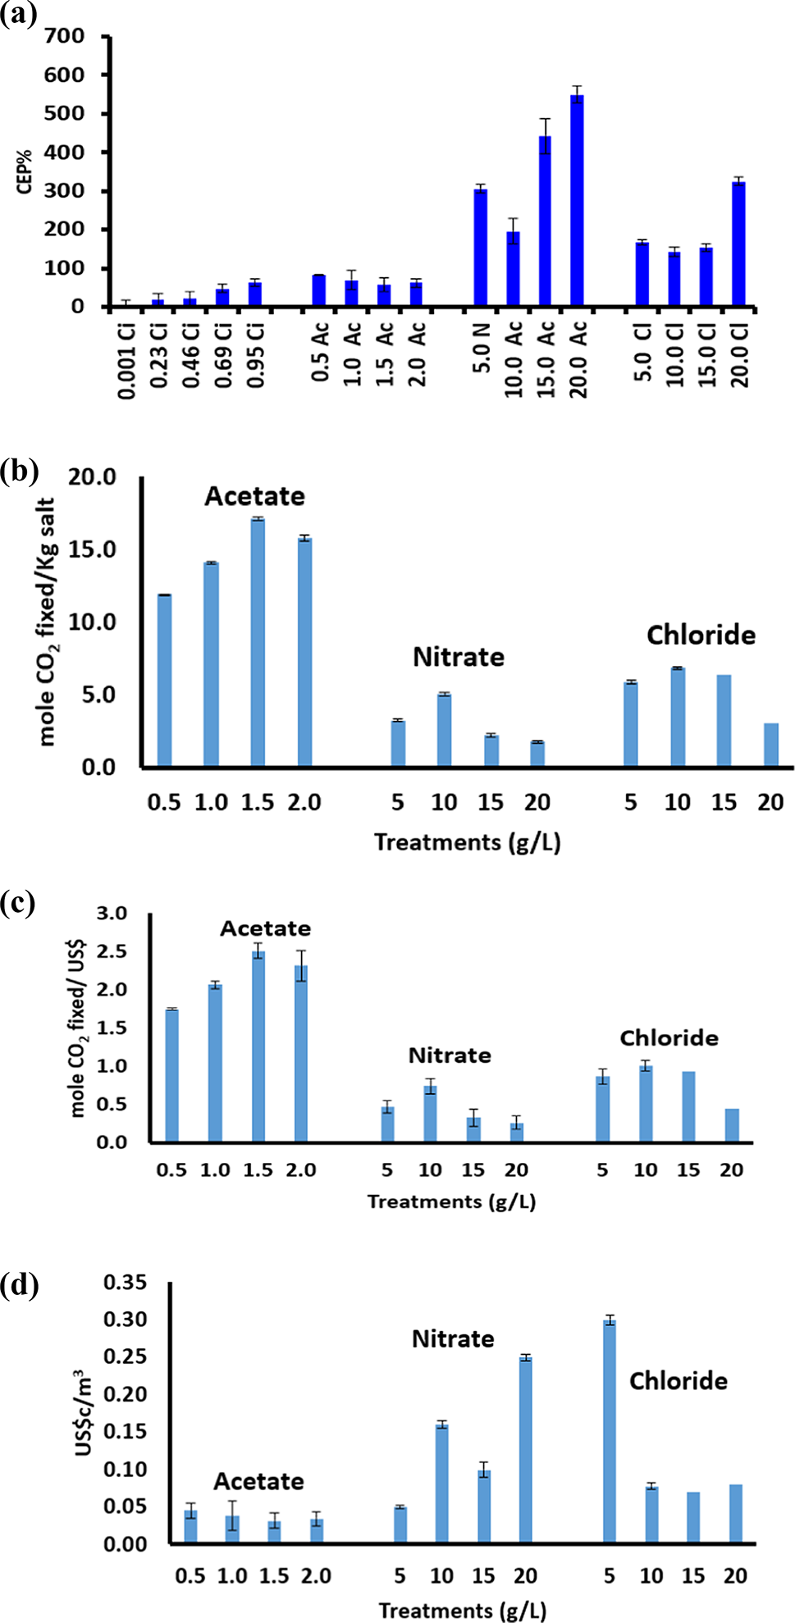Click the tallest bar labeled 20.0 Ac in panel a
[578, 201]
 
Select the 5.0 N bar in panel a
[481, 248]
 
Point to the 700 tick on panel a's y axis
[65, 36]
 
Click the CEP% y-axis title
[25, 171]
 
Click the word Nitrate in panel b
[458, 657]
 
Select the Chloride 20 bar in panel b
[770, 745]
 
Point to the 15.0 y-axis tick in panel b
[92, 549]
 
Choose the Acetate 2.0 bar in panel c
[301, 1053]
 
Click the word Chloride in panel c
[669, 1038]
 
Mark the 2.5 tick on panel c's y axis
[112, 951]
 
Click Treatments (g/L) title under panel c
[451, 1201]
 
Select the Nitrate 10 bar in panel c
[430, 1114]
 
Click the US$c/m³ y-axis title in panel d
[84, 1412]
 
